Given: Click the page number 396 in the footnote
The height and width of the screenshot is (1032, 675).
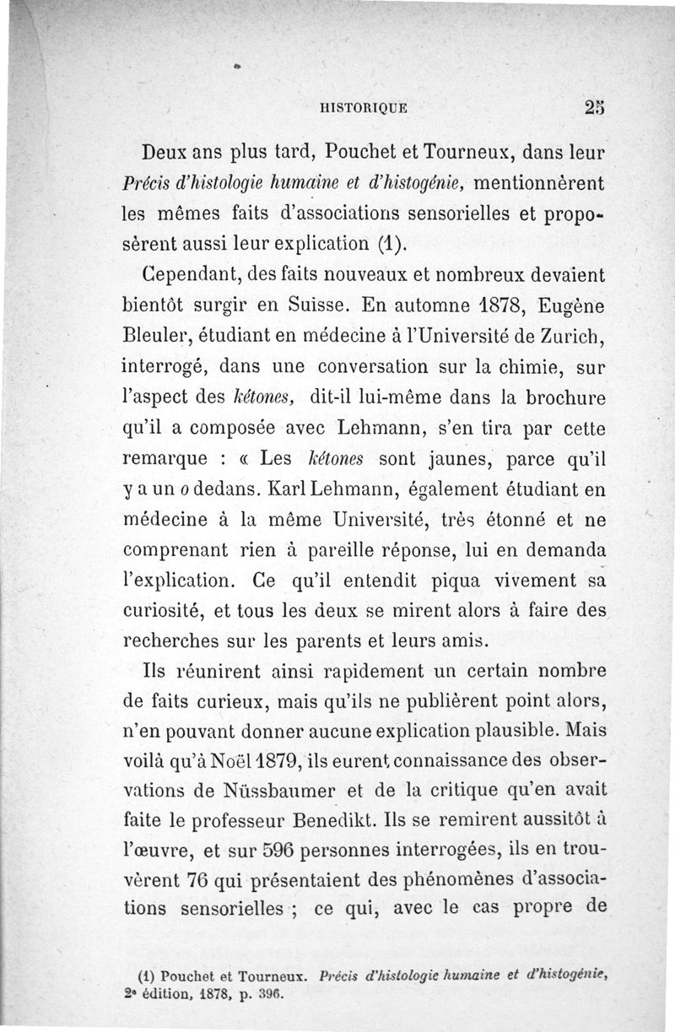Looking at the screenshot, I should [270, 993].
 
